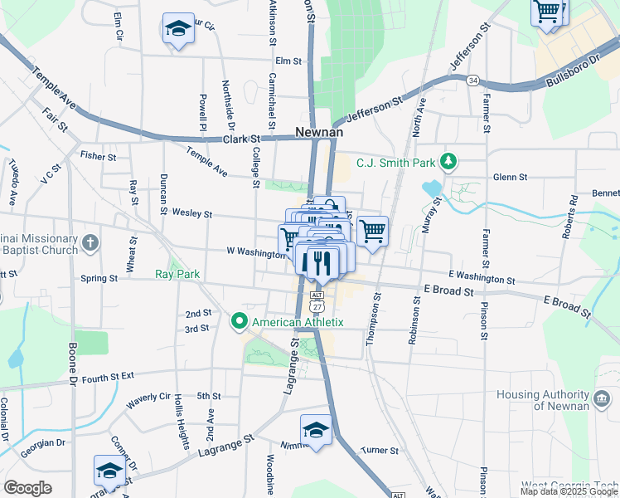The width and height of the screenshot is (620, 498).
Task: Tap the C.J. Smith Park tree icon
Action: tap(449, 161)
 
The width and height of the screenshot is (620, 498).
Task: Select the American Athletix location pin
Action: tap(240, 320)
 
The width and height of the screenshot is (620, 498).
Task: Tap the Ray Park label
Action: tap(177, 273)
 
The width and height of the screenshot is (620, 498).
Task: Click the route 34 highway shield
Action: tap(472, 80)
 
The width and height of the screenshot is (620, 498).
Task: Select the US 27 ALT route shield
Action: tap(316, 300)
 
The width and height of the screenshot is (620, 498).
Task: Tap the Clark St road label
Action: tap(241, 139)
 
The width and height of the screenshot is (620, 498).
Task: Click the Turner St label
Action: tap(380, 451)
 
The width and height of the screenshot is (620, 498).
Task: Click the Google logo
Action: tap(27, 488)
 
